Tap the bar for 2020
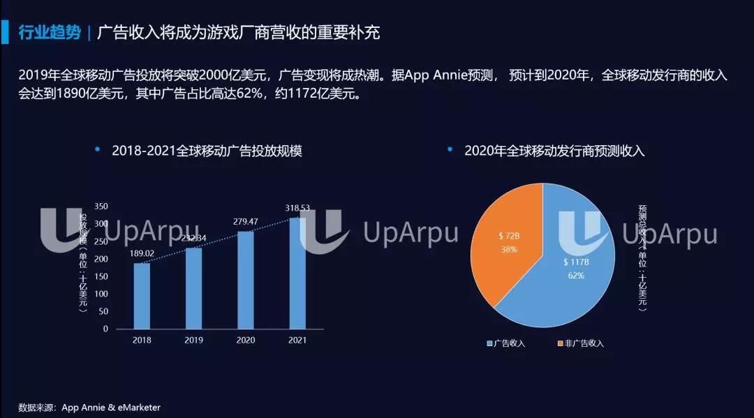pyautogui.click(x=246, y=280)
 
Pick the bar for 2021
pyautogui.click(x=297, y=273)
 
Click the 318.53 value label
pyautogui.click(x=297, y=208)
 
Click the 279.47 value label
pyautogui.click(x=246, y=221)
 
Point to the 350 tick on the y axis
pyautogui.click(x=101, y=207)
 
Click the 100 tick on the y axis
pyautogui.click(x=101, y=294)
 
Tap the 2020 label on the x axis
pyautogui.click(x=246, y=339)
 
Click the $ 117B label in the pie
pyautogui.click(x=577, y=262)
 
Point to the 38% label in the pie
pyautogui.click(x=508, y=249)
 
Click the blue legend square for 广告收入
pyautogui.click(x=489, y=343)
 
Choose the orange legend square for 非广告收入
pyautogui.click(x=560, y=343)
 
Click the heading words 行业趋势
pyautogui.click(x=50, y=32)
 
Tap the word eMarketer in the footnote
pyautogui.click(x=139, y=407)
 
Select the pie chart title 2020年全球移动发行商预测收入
pyautogui.click(x=554, y=151)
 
